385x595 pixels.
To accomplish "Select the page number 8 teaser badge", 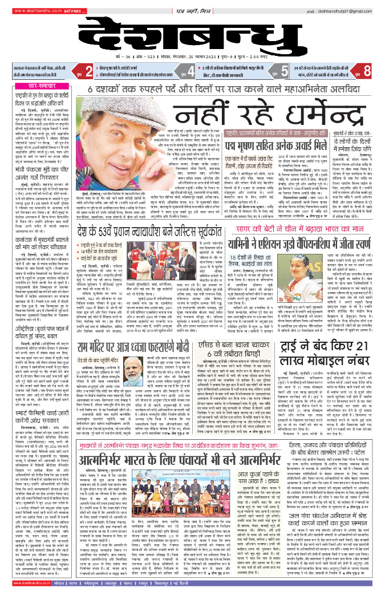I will (x=367, y=71).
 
